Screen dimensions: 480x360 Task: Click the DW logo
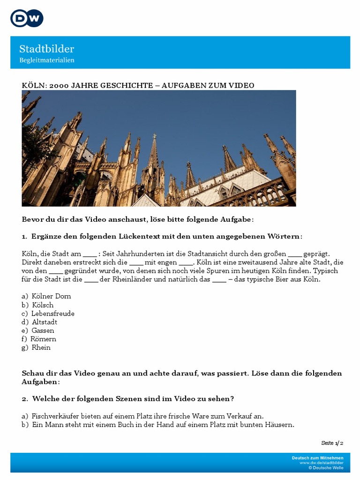(27, 18)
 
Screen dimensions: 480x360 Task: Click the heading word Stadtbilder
(46, 49)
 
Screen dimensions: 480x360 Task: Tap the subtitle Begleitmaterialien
(47, 60)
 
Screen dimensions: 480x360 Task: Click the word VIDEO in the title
(242, 85)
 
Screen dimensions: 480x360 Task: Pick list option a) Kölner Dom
(46, 296)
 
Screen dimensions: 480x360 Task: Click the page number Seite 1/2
(332, 443)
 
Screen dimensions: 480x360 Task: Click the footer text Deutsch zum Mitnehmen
(317, 458)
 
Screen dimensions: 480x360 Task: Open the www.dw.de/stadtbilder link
(322, 463)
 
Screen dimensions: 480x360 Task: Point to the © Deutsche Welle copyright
(326, 468)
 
